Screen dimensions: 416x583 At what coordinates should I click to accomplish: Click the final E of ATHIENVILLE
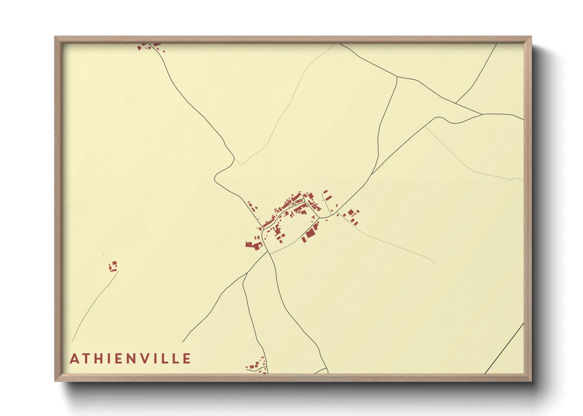point(188,359)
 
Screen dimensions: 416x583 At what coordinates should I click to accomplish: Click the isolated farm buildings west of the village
point(113,266)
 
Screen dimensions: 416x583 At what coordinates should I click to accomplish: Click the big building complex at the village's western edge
point(253,245)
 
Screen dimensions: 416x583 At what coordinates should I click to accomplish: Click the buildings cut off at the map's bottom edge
point(257,366)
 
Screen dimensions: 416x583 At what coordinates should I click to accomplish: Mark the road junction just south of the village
point(269,253)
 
